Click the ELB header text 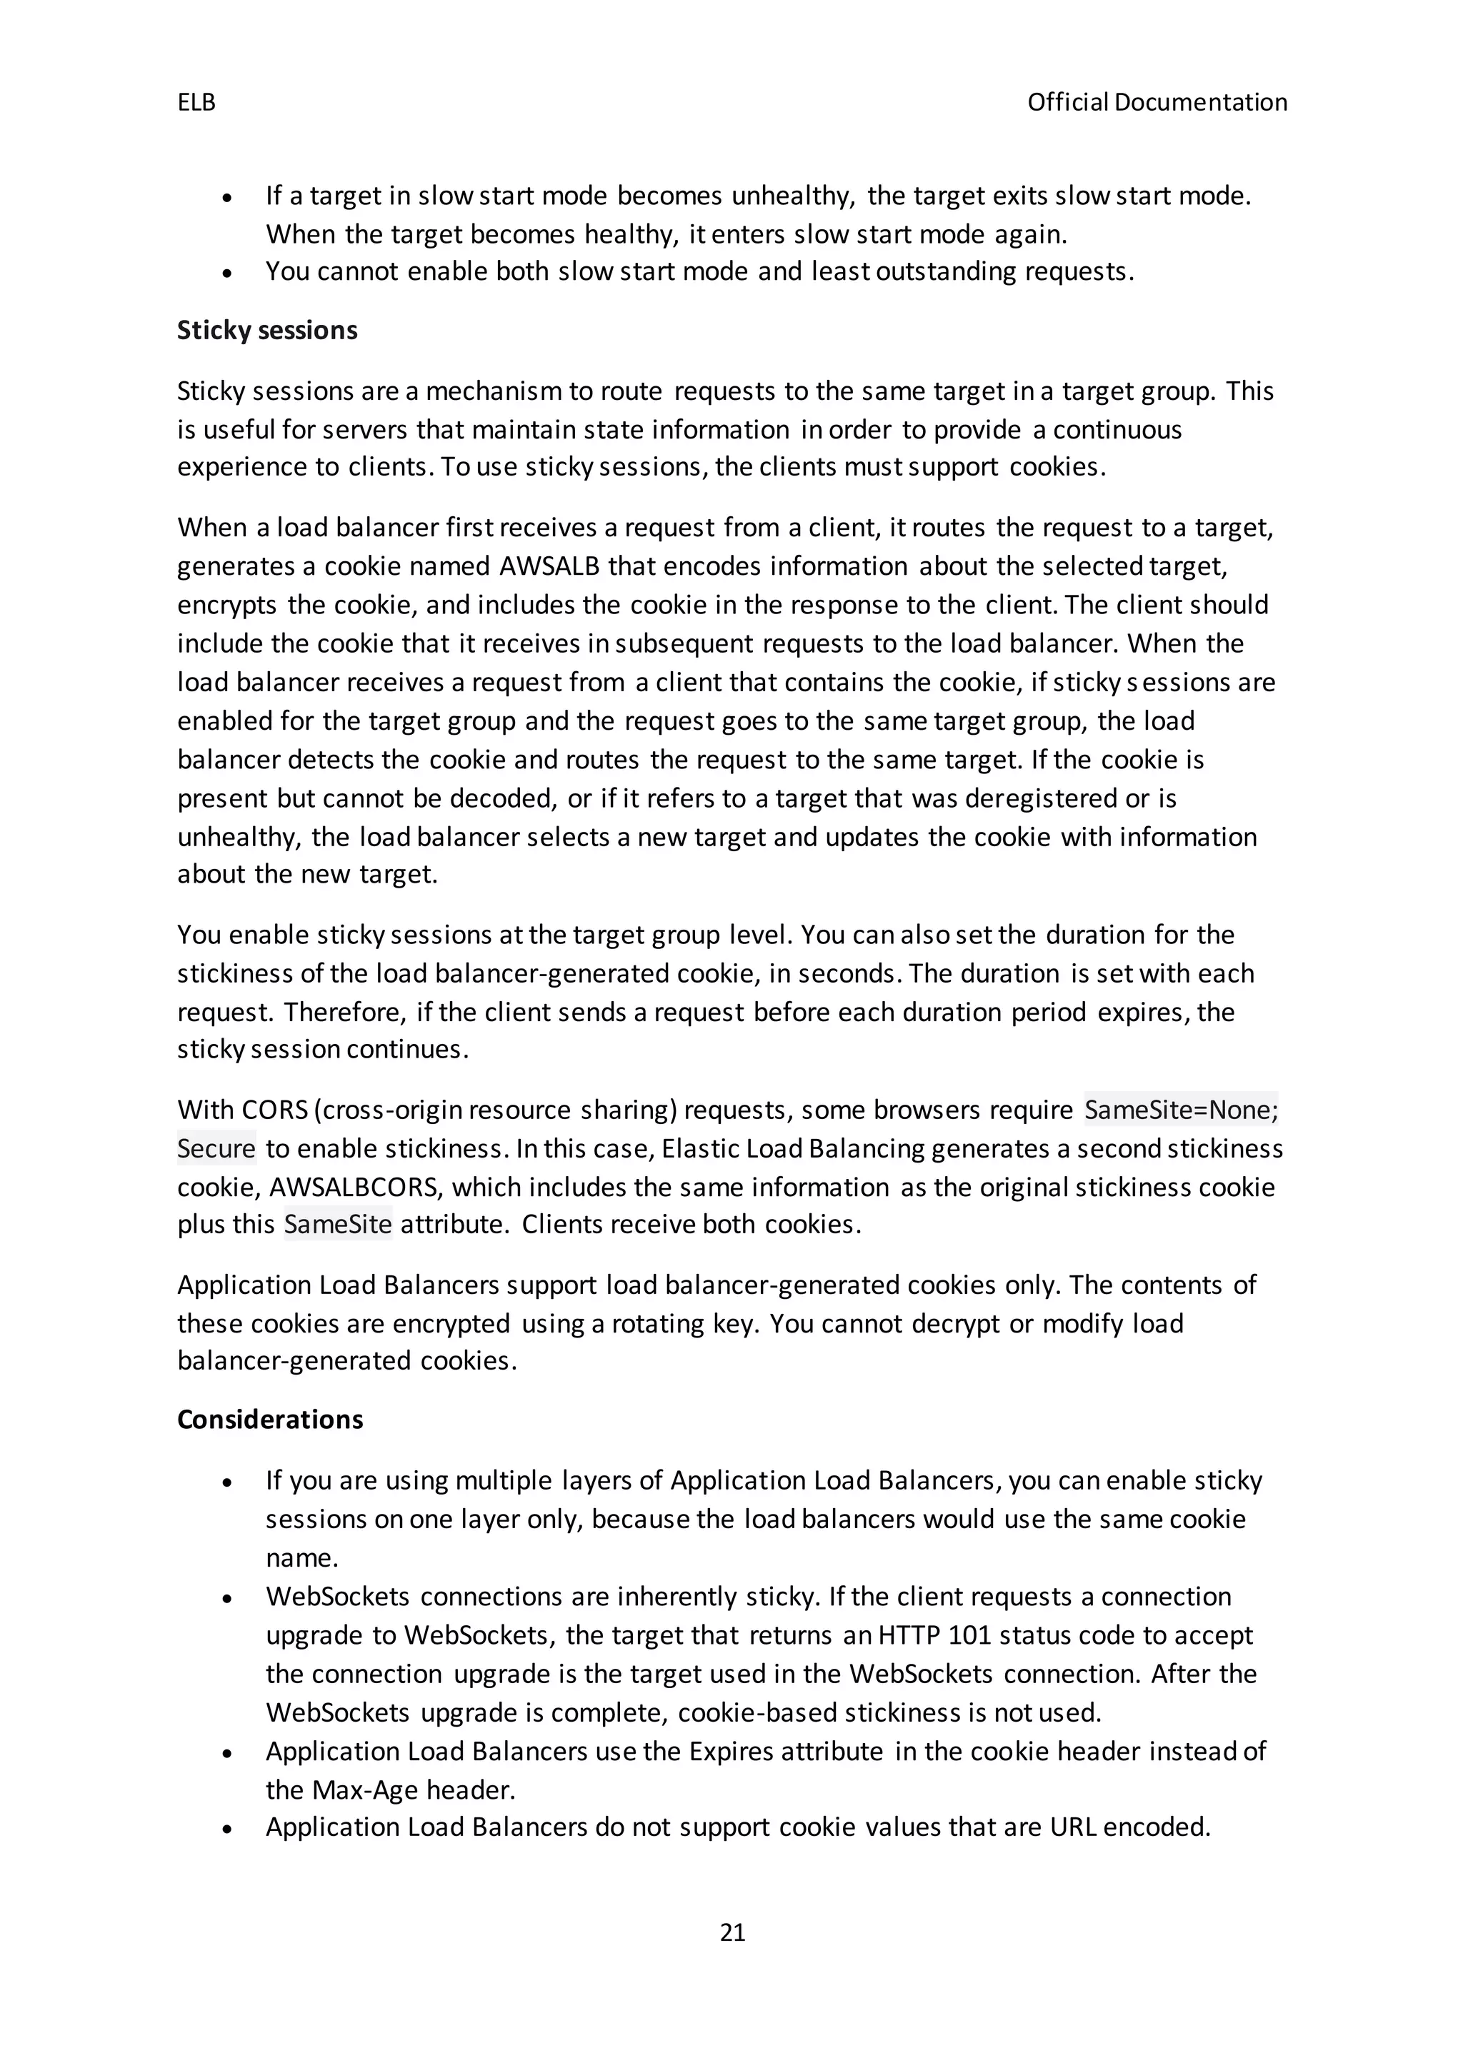[196, 103]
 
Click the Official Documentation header [1157, 103]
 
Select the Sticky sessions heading [266, 331]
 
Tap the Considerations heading [269, 1420]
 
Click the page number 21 [732, 1932]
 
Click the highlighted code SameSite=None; [1180, 1110]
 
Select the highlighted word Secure [216, 1148]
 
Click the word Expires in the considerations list [729, 1751]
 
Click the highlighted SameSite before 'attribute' [338, 1224]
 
